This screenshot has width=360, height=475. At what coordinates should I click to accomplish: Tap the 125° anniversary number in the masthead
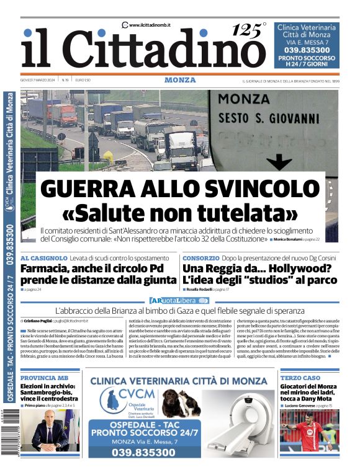coord(249,29)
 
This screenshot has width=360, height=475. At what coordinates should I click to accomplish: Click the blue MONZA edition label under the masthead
coord(180,80)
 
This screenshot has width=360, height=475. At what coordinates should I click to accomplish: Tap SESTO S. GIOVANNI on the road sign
coord(268,117)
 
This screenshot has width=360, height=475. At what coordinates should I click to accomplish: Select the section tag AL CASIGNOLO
coord(44,257)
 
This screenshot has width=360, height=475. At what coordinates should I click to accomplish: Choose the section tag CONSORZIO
coord(200,257)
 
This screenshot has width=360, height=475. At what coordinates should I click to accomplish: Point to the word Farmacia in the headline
coord(47,269)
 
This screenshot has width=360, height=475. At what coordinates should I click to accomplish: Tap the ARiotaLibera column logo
coord(179,300)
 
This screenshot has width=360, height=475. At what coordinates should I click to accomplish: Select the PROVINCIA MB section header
coord(44,377)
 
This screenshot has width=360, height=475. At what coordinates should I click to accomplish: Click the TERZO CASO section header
coord(300,377)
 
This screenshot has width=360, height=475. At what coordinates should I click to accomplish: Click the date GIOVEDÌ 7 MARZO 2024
coord(38,80)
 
